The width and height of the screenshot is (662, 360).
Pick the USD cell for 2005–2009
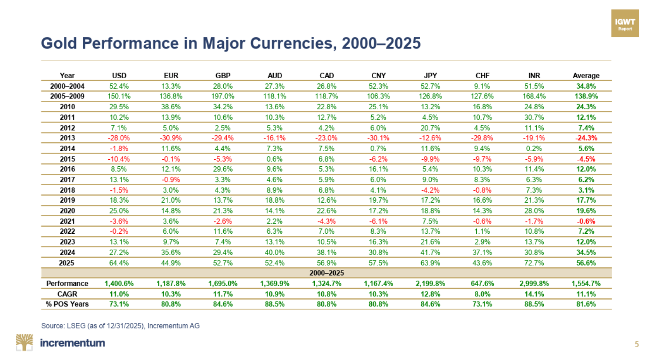[x=119, y=96]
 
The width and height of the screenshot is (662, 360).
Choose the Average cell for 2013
[x=586, y=138]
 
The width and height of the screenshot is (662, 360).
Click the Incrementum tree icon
[x=25, y=343]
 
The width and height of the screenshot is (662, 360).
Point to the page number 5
[x=637, y=344]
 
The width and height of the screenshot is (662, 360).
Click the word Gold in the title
[x=56, y=43]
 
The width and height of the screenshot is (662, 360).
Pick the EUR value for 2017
[x=171, y=179]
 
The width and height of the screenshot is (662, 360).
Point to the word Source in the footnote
[x=52, y=326]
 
